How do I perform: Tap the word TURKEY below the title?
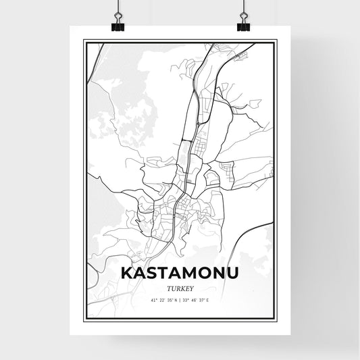pyautogui.click(x=179, y=286)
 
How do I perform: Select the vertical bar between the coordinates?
pyautogui.click(x=180, y=299)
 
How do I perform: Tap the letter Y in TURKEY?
pyautogui.click(x=192, y=286)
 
